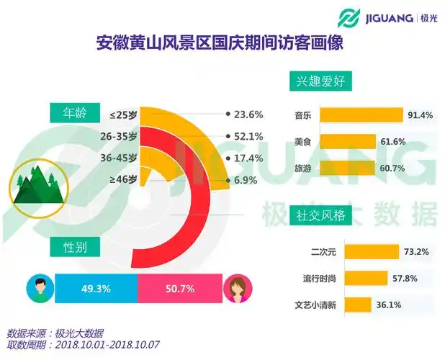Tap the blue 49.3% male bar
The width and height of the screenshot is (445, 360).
tap(95, 289)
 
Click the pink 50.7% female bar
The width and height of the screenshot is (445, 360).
tap(179, 289)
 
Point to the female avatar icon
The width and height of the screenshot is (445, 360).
tap(238, 289)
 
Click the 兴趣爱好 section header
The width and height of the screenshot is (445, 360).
tap(320, 81)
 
